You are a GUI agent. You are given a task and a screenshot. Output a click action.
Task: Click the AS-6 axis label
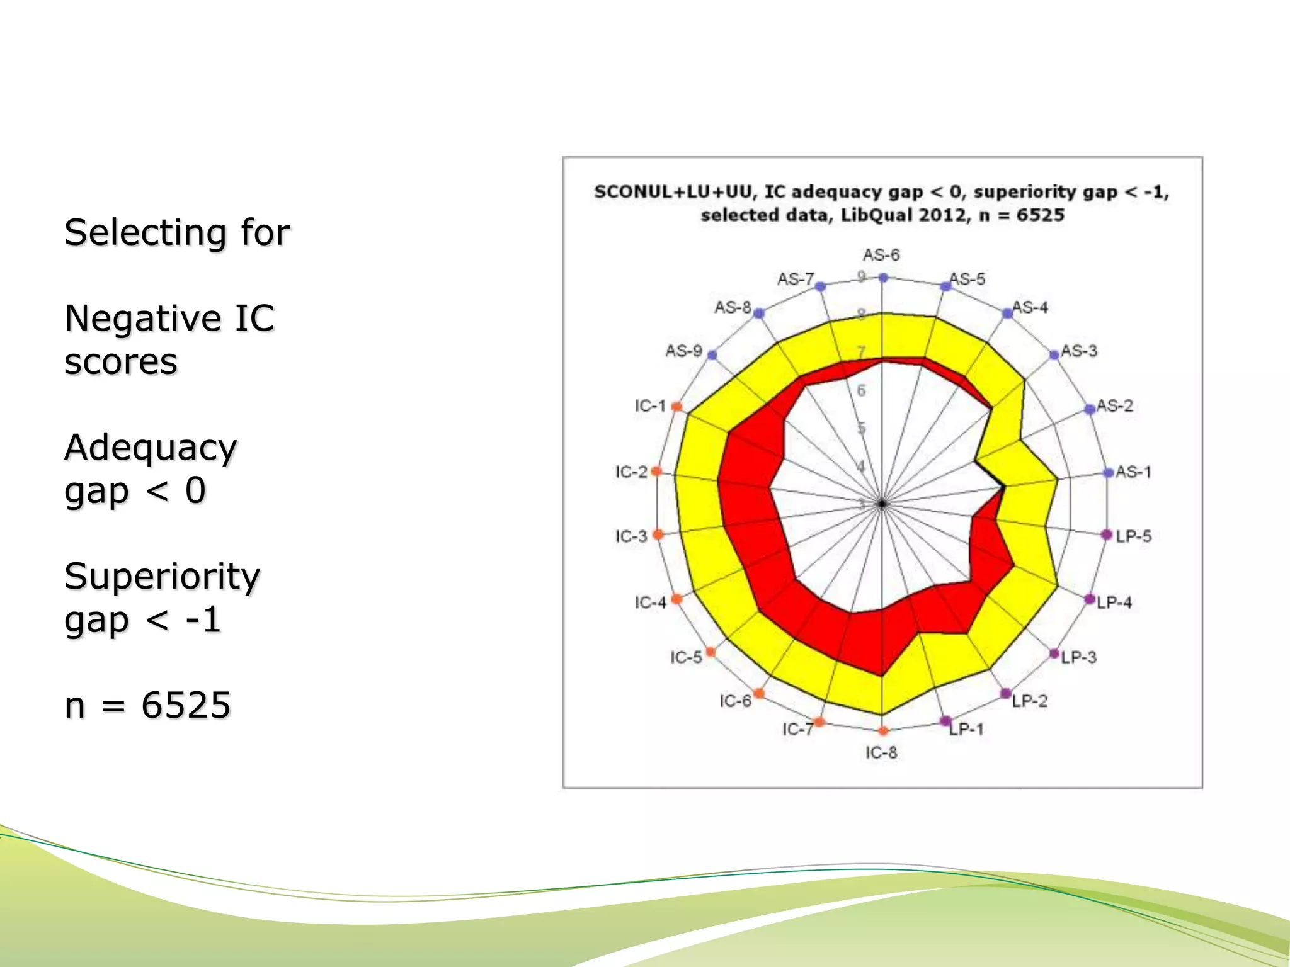pyautogui.click(x=881, y=255)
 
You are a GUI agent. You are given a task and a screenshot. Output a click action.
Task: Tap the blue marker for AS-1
pyautogui.click(x=1109, y=473)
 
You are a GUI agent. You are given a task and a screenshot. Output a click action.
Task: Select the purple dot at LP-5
pyautogui.click(x=1107, y=535)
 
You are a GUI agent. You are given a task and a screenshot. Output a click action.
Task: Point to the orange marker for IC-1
pyautogui.click(x=677, y=407)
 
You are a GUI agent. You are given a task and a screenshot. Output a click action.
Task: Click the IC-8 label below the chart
pyautogui.click(x=881, y=753)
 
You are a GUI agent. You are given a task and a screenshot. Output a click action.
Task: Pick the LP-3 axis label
pyautogui.click(x=1078, y=657)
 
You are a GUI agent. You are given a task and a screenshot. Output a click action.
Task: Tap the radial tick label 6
pyautogui.click(x=861, y=390)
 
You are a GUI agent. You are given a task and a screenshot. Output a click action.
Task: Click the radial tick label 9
pyautogui.click(x=862, y=276)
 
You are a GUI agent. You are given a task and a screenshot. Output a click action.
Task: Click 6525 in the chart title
pyautogui.click(x=1040, y=215)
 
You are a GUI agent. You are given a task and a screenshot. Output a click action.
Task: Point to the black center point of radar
pyautogui.click(x=882, y=504)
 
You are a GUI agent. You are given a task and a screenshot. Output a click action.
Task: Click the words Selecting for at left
pyautogui.click(x=177, y=232)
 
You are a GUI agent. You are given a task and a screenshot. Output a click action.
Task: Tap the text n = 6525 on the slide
pyautogui.click(x=147, y=704)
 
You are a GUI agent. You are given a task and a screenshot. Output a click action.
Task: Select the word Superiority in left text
pyautogui.click(x=162, y=576)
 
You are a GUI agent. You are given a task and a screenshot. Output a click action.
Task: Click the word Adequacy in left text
pyautogui.click(x=151, y=448)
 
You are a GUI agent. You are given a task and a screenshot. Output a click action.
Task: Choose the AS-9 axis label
pyautogui.click(x=683, y=351)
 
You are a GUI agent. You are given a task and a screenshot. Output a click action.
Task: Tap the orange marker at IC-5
pyautogui.click(x=711, y=652)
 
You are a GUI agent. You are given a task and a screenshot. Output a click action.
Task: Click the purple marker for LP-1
pyautogui.click(x=945, y=721)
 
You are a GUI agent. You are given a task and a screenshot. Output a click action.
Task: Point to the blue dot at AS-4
pyautogui.click(x=1007, y=313)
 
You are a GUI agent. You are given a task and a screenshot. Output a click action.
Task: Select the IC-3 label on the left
pyautogui.click(x=631, y=536)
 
